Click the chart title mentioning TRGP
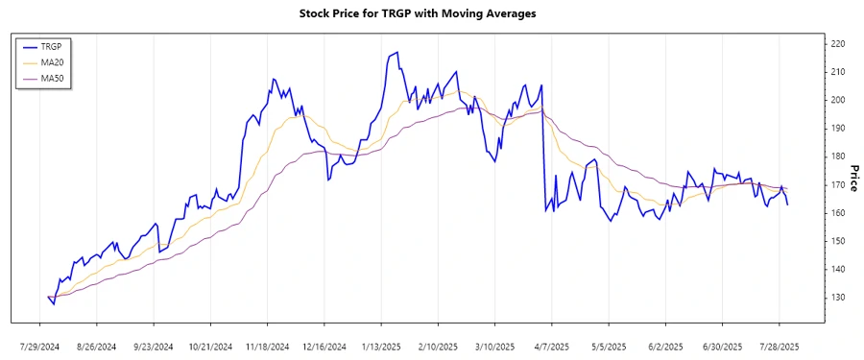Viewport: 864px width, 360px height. pos(431,13)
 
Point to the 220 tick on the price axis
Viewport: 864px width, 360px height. pos(837,44)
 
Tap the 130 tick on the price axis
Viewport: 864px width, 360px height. pos(837,298)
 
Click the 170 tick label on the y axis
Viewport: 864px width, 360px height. pos(837,184)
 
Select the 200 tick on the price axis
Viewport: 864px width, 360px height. pos(837,100)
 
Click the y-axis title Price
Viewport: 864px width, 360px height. pos(853,177)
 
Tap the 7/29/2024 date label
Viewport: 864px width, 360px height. pos(41,346)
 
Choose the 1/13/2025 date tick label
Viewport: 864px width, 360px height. pos(381,346)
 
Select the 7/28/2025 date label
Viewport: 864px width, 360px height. pos(779,346)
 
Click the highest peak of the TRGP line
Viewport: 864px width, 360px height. pos(396,53)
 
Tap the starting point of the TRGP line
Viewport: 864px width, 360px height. pos(47,297)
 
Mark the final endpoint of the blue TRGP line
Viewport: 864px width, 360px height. pos(788,204)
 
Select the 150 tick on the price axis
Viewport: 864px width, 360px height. pos(837,241)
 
